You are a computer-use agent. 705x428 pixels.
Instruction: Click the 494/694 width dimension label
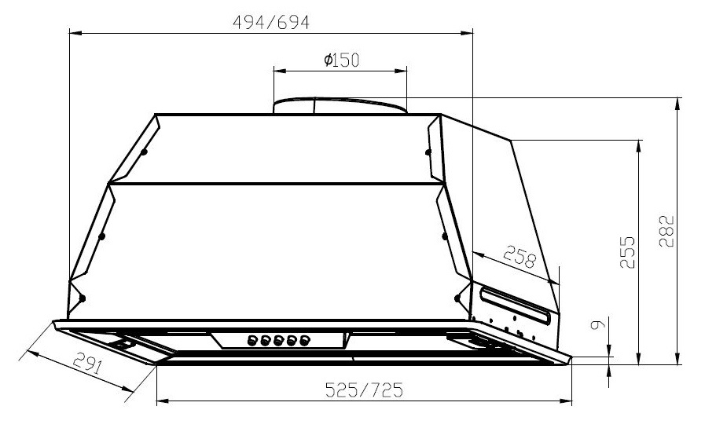tap(271, 22)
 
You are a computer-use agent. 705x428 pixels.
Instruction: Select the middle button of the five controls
tap(279, 341)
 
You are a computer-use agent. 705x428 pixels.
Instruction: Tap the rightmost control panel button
tap(304, 341)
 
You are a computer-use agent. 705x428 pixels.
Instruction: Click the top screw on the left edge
tap(145, 152)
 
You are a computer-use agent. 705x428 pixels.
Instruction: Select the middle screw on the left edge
tap(102, 235)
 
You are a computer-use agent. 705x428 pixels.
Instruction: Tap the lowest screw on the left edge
tap(81, 298)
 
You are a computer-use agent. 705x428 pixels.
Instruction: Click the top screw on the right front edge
tap(428, 152)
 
